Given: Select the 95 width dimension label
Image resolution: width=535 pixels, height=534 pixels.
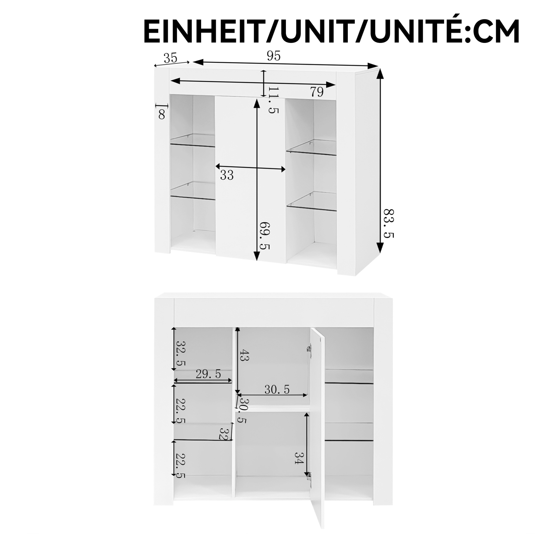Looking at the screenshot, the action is tap(274, 56).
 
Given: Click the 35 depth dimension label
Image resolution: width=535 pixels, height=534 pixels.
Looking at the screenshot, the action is tap(170, 58).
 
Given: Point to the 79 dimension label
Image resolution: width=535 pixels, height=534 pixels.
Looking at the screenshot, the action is tap(317, 92).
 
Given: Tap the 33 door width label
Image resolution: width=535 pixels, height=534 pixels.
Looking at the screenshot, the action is tap(227, 175).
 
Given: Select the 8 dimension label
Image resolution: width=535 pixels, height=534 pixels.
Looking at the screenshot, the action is tap(162, 114).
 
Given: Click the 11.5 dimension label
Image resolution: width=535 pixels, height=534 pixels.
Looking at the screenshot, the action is tap(273, 100).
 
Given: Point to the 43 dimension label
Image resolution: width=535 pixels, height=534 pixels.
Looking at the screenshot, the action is tap(245, 355).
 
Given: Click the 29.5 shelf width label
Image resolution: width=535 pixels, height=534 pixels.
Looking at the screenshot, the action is tap(208, 374).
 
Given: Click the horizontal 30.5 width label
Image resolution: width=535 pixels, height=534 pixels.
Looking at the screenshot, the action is tap(277, 390).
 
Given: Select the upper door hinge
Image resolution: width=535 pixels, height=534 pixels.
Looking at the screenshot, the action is tap(309, 349).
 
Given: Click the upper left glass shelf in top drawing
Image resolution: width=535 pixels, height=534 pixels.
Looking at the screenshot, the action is tap(193, 141).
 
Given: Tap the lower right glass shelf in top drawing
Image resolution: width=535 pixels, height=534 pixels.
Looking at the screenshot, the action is tap(312, 201).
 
